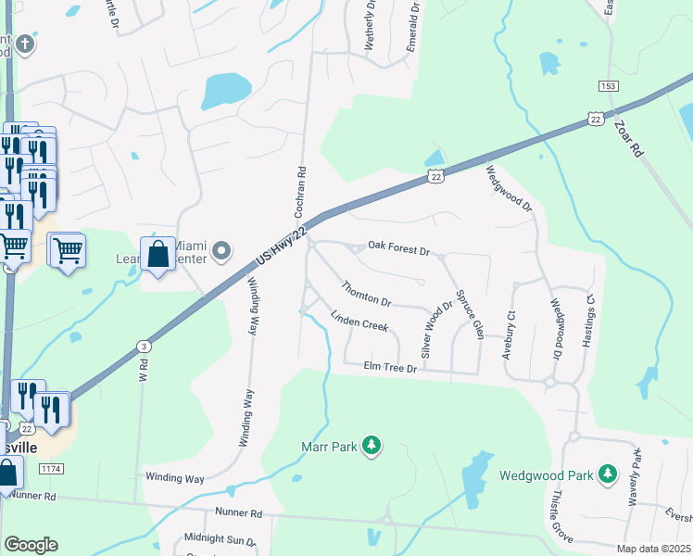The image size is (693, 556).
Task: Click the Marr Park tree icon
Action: click(x=372, y=447)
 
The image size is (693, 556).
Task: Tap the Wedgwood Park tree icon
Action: click(x=608, y=475)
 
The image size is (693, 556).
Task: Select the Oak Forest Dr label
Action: click(x=399, y=249)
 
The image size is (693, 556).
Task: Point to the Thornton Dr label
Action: click(x=367, y=294)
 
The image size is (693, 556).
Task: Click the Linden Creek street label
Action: click(x=359, y=322)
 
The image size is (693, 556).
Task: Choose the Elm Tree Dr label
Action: click(x=391, y=368)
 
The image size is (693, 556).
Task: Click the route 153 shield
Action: click(x=608, y=86)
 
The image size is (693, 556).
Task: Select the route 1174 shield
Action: click(x=51, y=470)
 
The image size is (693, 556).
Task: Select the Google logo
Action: click(x=31, y=545)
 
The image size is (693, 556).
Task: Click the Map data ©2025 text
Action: click(x=651, y=549)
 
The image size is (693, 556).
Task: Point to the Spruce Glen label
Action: click(x=472, y=318)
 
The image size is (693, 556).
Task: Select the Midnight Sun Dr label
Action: click(x=220, y=538)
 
